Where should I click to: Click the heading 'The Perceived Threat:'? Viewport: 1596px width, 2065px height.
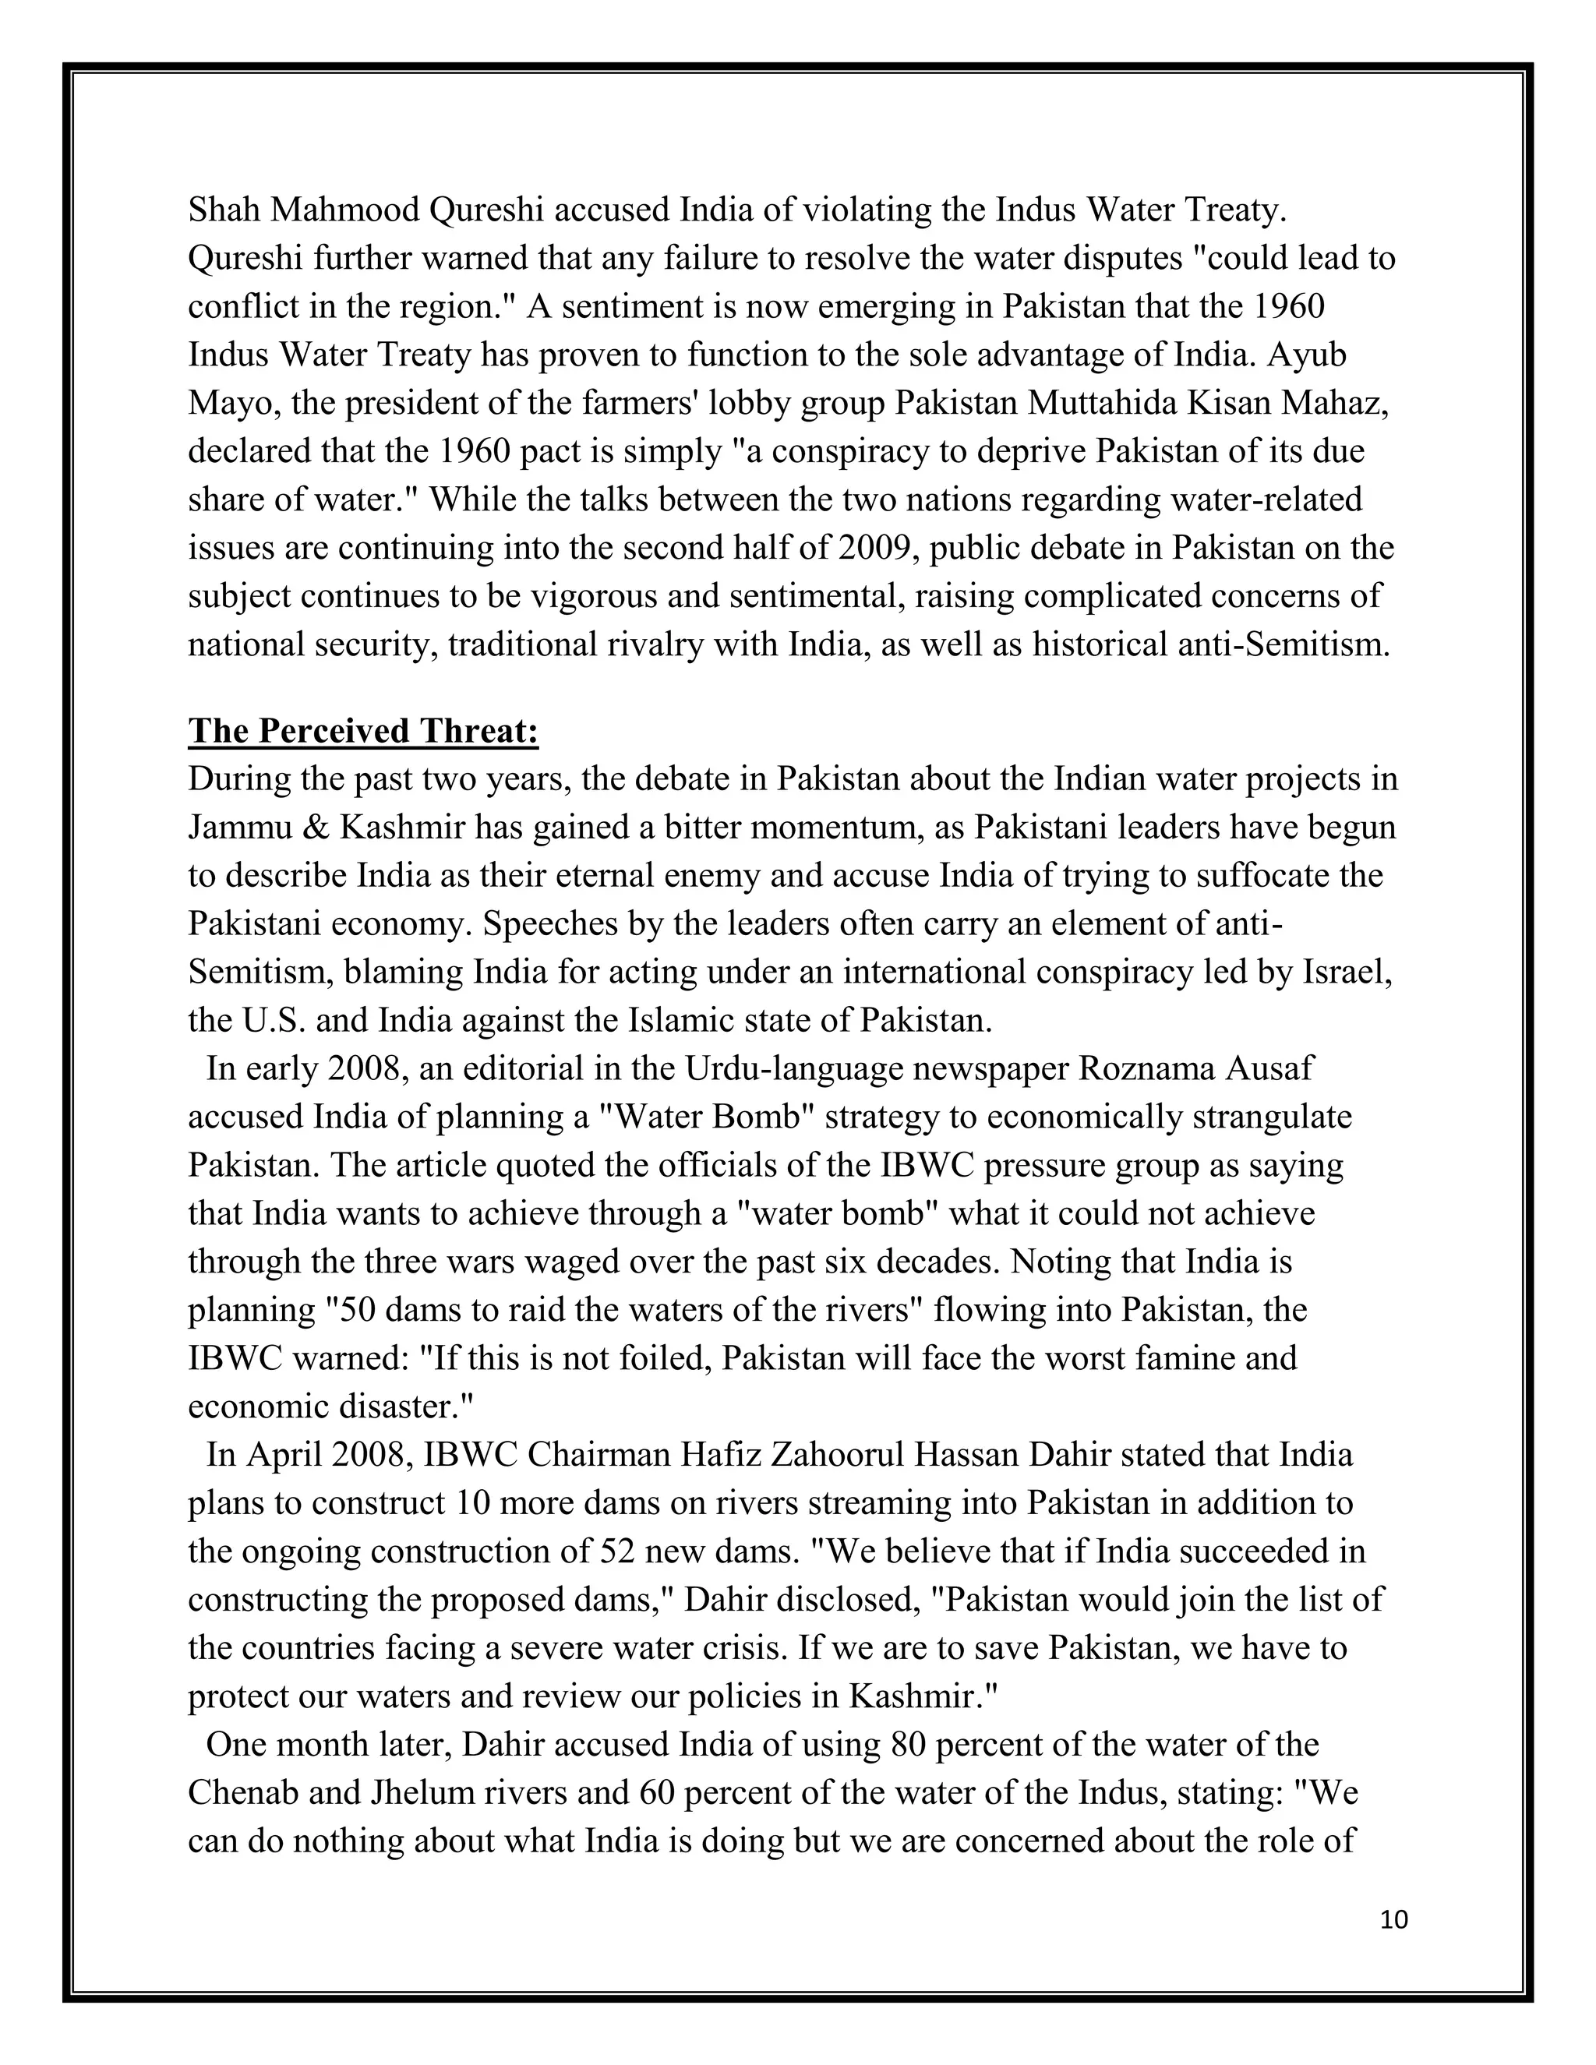(363, 731)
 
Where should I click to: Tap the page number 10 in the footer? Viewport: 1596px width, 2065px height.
(1393, 1920)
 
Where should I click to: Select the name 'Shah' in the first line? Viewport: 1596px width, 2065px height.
(224, 210)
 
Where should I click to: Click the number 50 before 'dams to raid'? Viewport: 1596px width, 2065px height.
(349, 1311)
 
